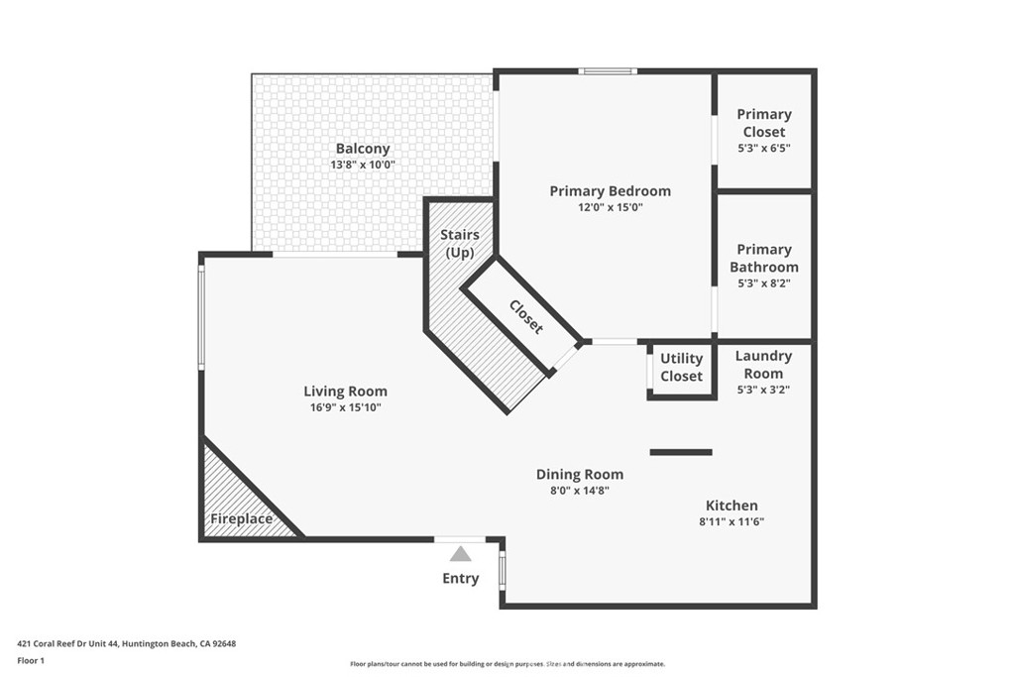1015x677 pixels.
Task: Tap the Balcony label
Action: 363,149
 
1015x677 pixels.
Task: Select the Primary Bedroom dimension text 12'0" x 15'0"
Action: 611,208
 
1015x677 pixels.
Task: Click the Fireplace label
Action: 242,519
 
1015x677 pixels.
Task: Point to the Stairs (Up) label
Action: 460,244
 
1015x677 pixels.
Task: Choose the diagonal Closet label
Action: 525,316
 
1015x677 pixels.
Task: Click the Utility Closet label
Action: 681,367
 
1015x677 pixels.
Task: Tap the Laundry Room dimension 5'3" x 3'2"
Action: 764,390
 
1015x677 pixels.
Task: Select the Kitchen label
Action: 732,506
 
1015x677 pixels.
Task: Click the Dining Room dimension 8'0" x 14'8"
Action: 579,491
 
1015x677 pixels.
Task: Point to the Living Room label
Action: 345,391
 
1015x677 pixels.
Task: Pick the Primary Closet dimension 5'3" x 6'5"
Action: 764,149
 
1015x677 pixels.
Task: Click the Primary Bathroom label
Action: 764,259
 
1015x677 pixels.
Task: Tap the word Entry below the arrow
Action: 460,578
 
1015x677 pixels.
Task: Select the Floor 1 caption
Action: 31,661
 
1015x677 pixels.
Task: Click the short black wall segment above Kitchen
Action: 681,452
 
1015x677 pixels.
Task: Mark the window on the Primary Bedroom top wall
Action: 608,71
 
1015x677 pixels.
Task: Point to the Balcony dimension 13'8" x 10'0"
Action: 363,166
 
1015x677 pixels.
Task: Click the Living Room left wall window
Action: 201,317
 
